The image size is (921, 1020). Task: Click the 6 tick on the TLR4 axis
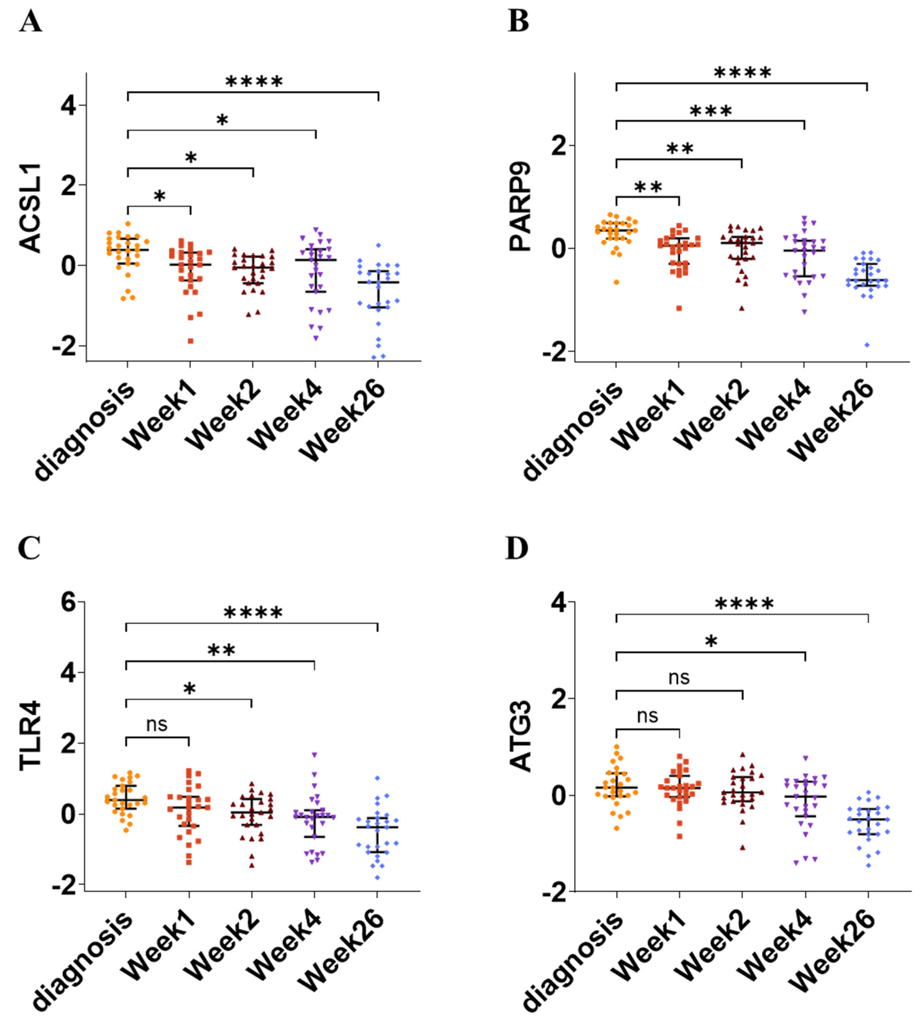69,603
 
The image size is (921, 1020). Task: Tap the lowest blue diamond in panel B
867,345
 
